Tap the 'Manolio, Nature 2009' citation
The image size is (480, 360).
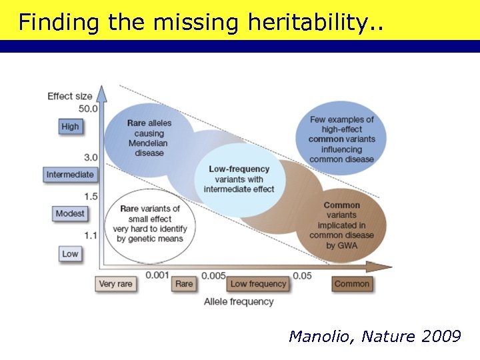374,337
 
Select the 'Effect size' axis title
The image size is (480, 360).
70,96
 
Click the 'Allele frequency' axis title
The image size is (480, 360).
239,301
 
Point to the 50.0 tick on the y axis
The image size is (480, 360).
88,109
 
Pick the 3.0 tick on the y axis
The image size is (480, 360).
91,157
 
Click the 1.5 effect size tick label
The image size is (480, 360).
91,196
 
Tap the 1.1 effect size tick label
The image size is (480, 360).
91,235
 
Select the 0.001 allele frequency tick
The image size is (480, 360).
157,275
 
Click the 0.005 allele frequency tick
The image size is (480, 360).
213,275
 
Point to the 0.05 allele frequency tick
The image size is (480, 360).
303,275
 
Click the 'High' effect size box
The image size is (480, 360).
70,127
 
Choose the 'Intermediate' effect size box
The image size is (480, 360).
70,175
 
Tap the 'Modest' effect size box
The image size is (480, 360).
70,213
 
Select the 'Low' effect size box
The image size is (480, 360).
70,254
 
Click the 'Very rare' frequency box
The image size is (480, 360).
116,284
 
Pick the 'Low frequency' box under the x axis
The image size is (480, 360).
258,284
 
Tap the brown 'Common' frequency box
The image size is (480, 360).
352,284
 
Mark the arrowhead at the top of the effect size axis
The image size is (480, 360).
101,92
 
